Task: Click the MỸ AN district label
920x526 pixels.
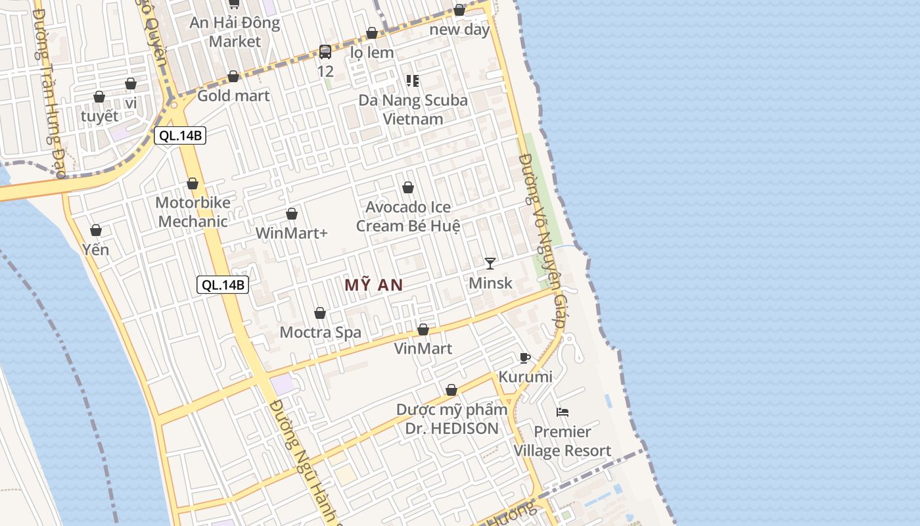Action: (x=373, y=285)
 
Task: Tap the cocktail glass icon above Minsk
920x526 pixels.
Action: (x=490, y=264)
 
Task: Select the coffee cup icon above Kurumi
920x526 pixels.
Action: (x=524, y=358)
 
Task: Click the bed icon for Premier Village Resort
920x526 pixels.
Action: (x=563, y=412)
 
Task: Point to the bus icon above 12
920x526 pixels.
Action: (x=325, y=51)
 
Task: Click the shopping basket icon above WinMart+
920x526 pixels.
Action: (x=292, y=214)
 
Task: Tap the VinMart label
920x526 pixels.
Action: (x=423, y=348)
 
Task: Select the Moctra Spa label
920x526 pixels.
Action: (x=321, y=332)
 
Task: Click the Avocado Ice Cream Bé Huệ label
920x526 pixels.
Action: (x=408, y=216)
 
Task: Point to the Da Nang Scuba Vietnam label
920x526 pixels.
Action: (x=413, y=109)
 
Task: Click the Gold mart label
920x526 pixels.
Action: (x=233, y=96)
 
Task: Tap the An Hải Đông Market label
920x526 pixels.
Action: (x=235, y=32)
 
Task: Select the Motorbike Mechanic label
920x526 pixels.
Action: (x=193, y=212)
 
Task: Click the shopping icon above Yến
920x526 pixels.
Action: (x=96, y=230)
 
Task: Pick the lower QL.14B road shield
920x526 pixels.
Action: (x=223, y=285)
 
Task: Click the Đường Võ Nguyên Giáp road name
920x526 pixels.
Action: (x=542, y=241)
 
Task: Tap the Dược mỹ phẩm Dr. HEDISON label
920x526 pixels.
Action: (x=452, y=419)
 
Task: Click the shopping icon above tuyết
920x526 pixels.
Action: (x=99, y=97)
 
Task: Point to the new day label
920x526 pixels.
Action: (x=459, y=30)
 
